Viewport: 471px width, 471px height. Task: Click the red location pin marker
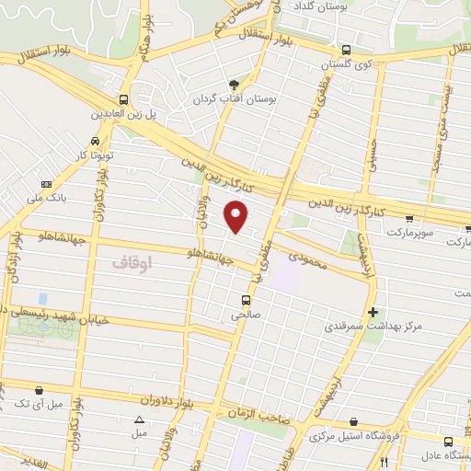point(236,216)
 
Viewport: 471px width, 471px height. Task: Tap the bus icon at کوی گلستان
point(345,51)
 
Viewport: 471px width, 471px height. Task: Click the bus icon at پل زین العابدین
point(123,99)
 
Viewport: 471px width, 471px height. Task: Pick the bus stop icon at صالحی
point(246,299)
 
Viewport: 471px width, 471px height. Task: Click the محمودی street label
point(306,262)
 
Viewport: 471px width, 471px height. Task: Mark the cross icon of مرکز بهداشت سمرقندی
point(372,311)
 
